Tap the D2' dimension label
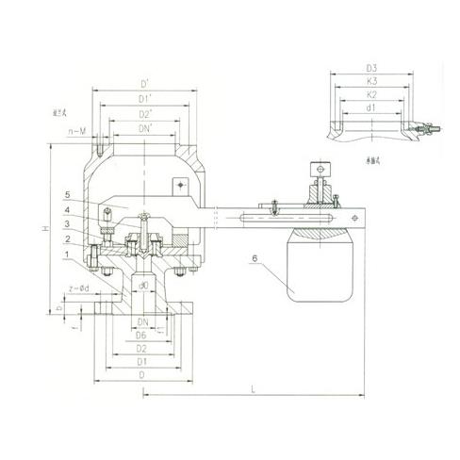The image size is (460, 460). (143, 115)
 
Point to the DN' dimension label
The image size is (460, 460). (143, 128)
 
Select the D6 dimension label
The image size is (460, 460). (140, 335)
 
